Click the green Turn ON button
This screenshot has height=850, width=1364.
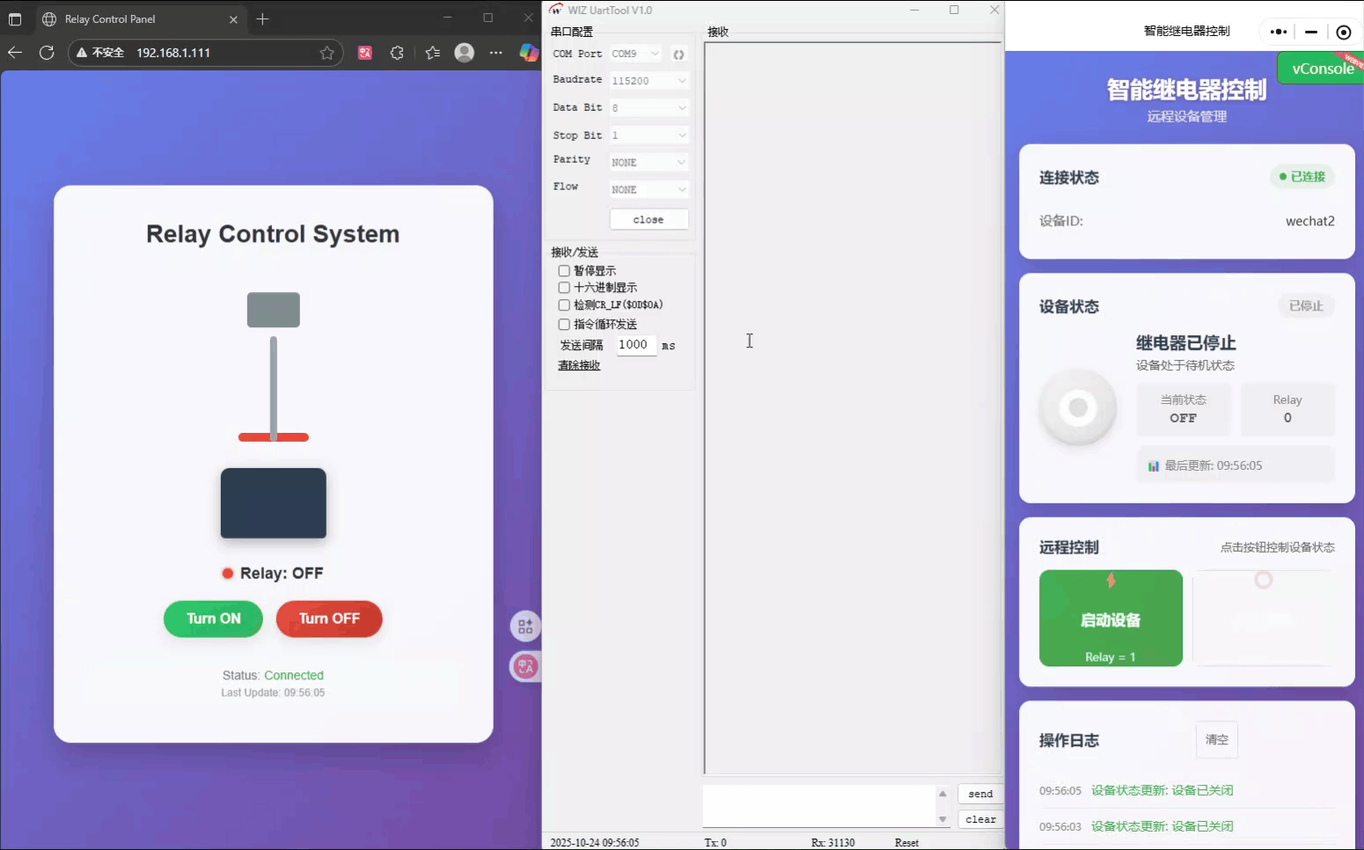(213, 619)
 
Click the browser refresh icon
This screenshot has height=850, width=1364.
(47, 53)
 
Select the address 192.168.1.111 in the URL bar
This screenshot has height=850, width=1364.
(173, 53)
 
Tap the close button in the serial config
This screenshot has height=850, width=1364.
(649, 219)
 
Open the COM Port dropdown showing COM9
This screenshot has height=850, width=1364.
(635, 54)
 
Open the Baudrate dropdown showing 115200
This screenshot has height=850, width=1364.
(649, 81)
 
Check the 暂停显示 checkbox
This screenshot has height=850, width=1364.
(564, 271)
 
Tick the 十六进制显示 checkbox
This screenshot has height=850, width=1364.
(564, 288)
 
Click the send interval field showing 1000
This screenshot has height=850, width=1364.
(634, 345)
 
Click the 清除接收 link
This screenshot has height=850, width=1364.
(579, 365)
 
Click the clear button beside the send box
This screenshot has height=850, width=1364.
(980, 819)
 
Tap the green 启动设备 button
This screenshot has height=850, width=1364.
(1111, 619)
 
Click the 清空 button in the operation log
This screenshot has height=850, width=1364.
(1216, 740)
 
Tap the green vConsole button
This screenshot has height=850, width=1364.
(1320, 69)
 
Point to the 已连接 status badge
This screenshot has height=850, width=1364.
(1302, 177)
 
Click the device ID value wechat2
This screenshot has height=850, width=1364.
(1309, 221)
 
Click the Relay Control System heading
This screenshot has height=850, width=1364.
(273, 234)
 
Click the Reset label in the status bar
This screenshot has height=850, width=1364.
(906, 843)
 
